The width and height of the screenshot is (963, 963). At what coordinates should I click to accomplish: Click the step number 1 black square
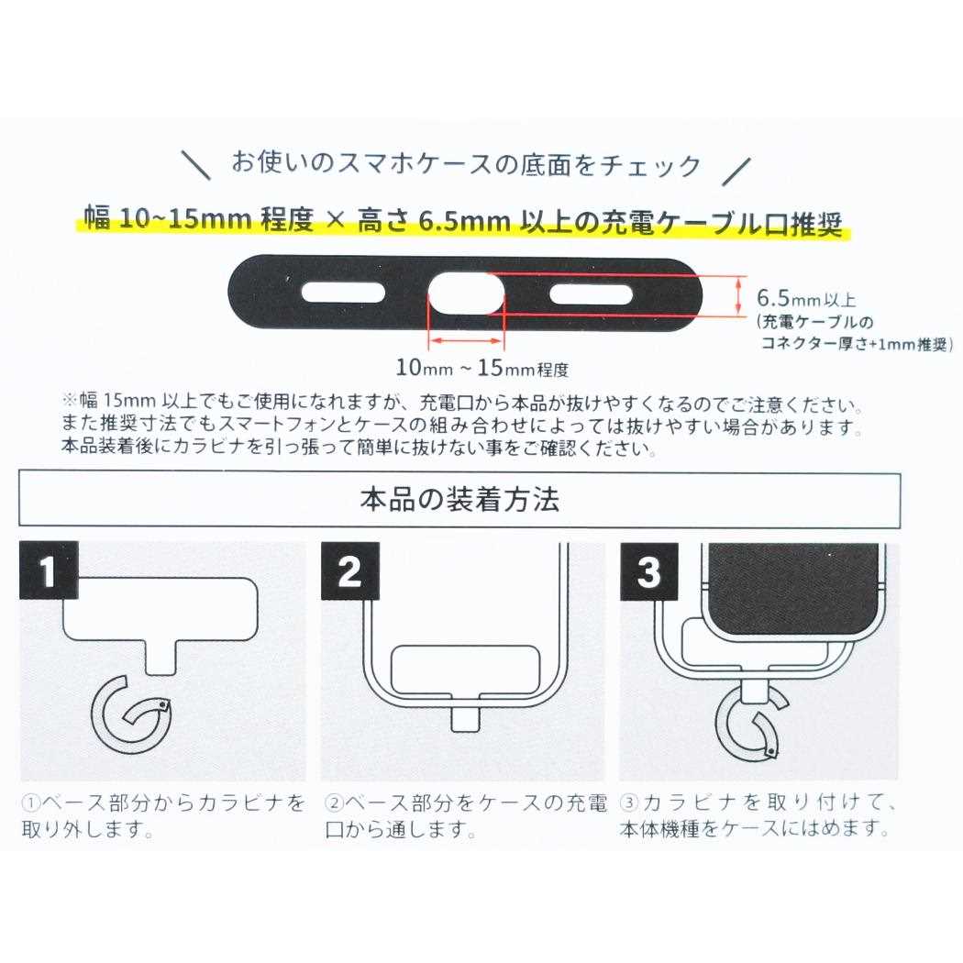point(49,572)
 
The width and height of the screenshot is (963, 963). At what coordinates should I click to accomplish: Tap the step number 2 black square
point(349,572)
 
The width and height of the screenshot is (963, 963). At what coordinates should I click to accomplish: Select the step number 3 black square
point(648,572)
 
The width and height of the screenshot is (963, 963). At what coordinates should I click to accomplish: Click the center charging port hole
point(466,294)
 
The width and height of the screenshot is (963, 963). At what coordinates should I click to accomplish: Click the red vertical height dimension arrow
point(740,296)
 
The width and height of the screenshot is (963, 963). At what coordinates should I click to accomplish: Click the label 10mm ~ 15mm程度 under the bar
point(482,370)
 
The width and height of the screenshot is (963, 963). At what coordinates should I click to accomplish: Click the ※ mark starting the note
point(71,404)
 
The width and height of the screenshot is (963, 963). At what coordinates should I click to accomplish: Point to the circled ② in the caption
point(334,803)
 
